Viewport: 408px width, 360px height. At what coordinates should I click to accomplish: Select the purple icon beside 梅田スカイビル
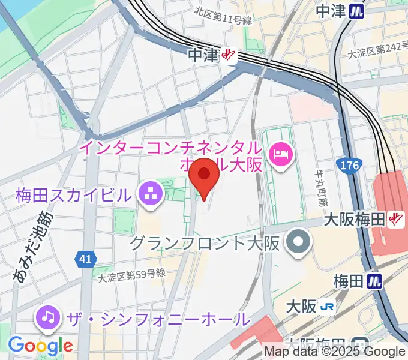point(148,193)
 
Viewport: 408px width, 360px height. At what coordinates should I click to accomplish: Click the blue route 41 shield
point(85,259)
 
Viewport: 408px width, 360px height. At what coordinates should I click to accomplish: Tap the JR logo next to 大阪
point(328,306)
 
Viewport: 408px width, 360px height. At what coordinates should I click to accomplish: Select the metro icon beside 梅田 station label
point(375,280)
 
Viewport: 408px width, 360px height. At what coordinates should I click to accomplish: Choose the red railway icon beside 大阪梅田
point(395,220)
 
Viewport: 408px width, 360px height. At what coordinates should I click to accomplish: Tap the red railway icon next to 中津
point(228,56)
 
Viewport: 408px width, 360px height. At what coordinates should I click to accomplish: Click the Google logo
point(40,346)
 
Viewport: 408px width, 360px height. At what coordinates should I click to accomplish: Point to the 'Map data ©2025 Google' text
point(335,352)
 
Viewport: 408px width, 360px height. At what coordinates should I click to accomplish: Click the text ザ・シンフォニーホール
point(153,319)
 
